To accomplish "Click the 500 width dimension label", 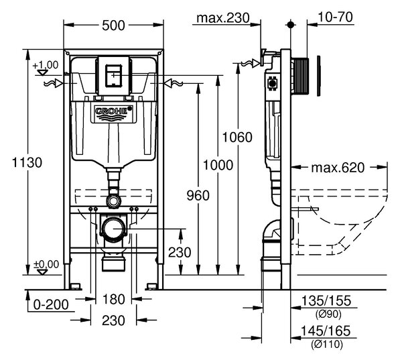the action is (x=113, y=25).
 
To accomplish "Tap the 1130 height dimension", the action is (x=27, y=162).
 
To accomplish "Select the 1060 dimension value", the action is (x=237, y=137).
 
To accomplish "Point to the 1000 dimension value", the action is (x=218, y=165).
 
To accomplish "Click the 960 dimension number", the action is (x=198, y=196).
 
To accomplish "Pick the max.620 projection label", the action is (x=338, y=168).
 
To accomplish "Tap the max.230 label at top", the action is (x=223, y=18).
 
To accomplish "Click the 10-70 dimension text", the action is (x=336, y=17).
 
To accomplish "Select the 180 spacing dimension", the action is (x=113, y=299).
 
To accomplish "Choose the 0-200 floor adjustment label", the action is (x=51, y=304).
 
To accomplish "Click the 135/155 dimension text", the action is (x=326, y=301).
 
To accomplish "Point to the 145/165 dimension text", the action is (x=326, y=331).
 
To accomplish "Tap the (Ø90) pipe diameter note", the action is (x=326, y=314).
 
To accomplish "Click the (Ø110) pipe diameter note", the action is (x=327, y=344).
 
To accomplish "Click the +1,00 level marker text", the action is (x=46, y=65).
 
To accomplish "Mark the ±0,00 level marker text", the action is (x=47, y=264).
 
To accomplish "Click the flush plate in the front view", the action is (x=113, y=76).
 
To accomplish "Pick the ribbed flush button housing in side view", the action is (x=301, y=76).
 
